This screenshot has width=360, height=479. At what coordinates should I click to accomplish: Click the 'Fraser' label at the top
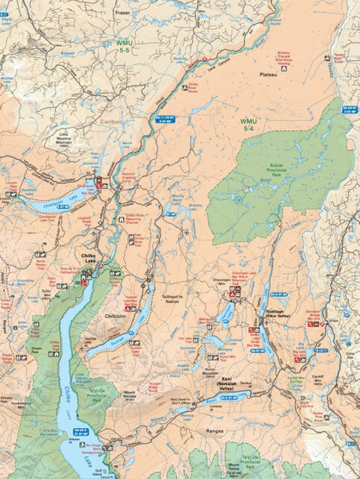pyautogui.click(x=122, y=13)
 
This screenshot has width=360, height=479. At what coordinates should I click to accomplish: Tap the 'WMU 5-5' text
pyautogui.click(x=124, y=47)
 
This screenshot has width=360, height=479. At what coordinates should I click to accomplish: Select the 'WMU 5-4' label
pyautogui.click(x=248, y=124)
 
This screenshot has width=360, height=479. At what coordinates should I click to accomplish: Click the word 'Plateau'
pyautogui.click(x=268, y=75)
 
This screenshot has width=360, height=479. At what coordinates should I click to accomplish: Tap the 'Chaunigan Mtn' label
pyautogui.click(x=214, y=283)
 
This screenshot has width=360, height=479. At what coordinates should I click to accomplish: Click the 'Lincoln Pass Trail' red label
pyautogui.click(x=10, y=184)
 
